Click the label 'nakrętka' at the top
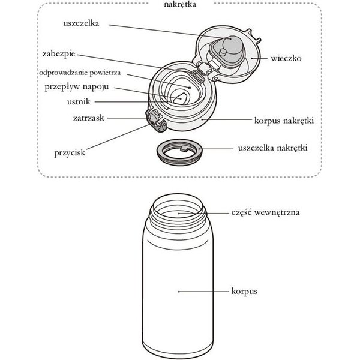pyautogui.click(x=180, y=4)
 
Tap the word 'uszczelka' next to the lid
pyautogui.click(x=81, y=23)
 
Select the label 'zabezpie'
pyautogui.click(x=59, y=54)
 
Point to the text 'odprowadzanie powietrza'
pyautogui.click(x=80, y=73)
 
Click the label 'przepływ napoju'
pyautogui.click(x=76, y=87)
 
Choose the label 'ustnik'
pyautogui.click(x=79, y=102)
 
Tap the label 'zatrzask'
pyautogui.click(x=88, y=118)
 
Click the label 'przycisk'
pyautogui.click(x=70, y=153)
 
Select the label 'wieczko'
pyautogui.click(x=286, y=58)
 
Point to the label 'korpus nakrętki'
pyautogui.click(x=284, y=121)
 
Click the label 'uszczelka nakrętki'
pyautogui.click(x=273, y=148)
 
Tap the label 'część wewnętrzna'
pyautogui.click(x=265, y=212)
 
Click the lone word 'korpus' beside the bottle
pyautogui.click(x=244, y=292)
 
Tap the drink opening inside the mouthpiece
pyautogui.click(x=181, y=99)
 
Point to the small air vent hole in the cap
pyautogui.click(x=190, y=88)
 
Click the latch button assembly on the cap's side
pyautogui.click(x=155, y=121)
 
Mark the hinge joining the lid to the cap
pyautogui.click(x=204, y=70)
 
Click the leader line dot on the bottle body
pyautogui.click(x=179, y=292)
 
